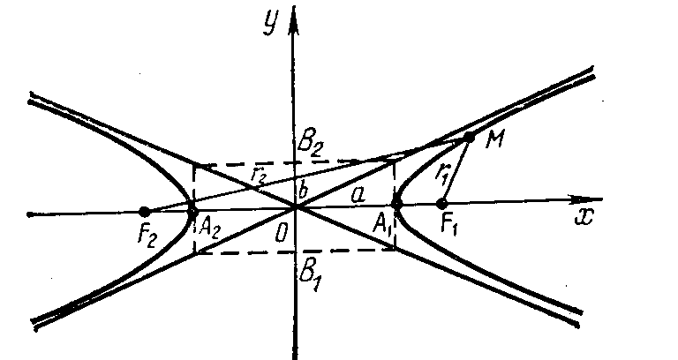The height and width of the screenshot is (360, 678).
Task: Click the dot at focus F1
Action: [442, 205]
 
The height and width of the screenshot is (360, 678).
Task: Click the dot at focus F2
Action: [144, 211]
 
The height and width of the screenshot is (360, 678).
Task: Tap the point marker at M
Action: [470, 137]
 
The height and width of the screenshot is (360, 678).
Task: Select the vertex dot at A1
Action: [397, 205]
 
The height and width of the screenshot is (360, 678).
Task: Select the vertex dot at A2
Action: [193, 210]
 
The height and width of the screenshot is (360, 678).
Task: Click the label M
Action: [493, 141]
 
